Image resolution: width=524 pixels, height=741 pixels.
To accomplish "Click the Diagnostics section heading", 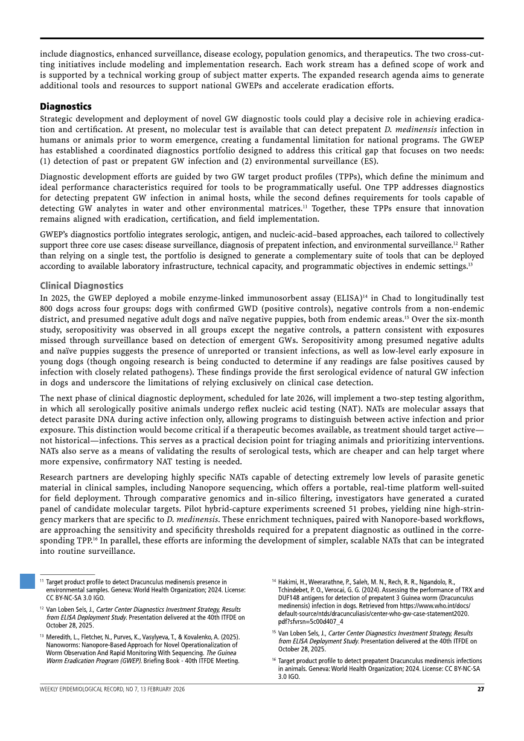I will pyautogui.click(x=66, y=106).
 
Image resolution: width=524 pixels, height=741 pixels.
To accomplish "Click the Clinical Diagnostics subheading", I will pyautogui.click(x=81, y=285).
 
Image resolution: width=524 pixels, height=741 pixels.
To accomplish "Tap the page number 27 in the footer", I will pyautogui.click(x=480, y=689).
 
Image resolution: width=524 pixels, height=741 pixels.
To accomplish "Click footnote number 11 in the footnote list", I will pyautogui.click(x=42, y=581).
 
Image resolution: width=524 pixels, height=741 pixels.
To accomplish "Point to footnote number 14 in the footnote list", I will pyautogui.click(x=274, y=581).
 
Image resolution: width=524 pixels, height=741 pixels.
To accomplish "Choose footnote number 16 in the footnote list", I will pyautogui.click(x=274, y=661).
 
